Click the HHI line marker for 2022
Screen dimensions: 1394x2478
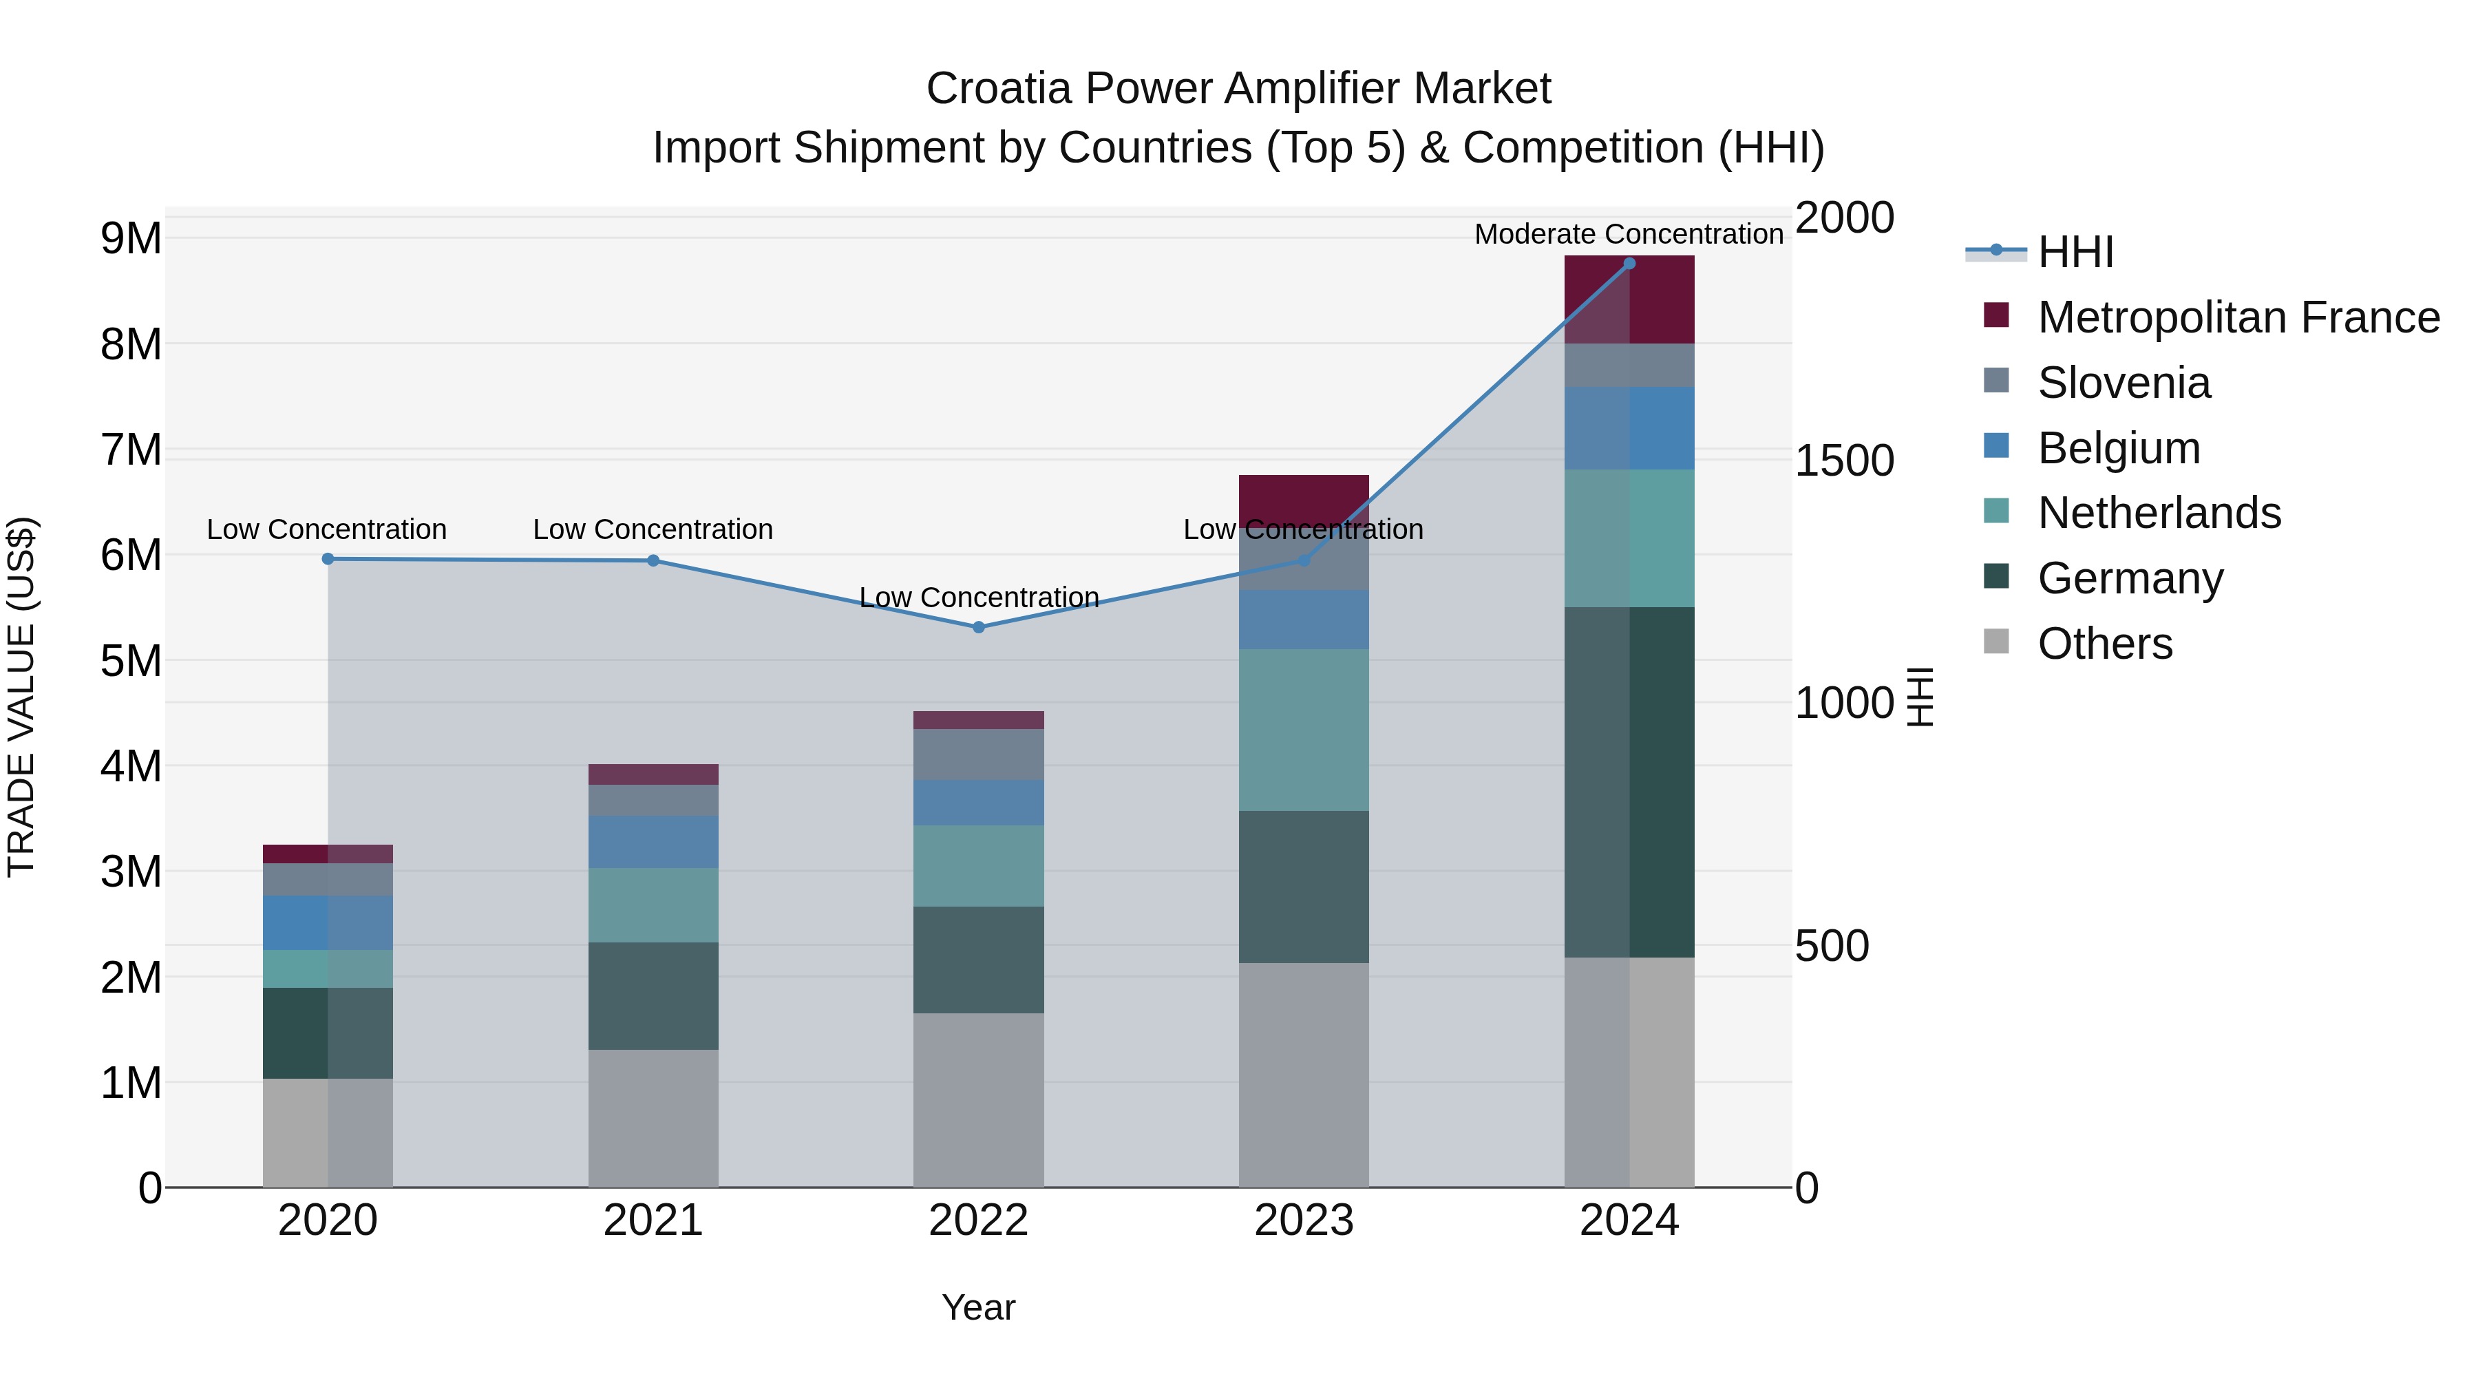(x=978, y=627)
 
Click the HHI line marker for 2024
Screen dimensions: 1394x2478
(x=1629, y=264)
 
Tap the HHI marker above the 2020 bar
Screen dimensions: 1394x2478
(x=328, y=559)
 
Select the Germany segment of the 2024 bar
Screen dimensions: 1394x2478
(x=1629, y=781)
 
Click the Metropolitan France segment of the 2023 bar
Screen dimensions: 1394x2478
(x=1304, y=498)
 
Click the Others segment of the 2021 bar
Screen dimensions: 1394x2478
(x=653, y=1118)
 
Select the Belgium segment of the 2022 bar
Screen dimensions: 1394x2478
(x=978, y=803)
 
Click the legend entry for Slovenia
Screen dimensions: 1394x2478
(x=2123, y=383)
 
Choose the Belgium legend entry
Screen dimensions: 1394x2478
(x=2118, y=448)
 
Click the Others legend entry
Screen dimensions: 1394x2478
(x=2105, y=644)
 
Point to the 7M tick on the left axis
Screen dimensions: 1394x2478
(x=131, y=450)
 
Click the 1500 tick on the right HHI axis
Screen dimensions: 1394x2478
(x=1844, y=461)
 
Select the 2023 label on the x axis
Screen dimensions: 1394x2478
(x=1304, y=1221)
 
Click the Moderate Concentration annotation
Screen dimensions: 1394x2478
(x=1629, y=234)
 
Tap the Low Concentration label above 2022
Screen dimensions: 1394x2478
(x=978, y=598)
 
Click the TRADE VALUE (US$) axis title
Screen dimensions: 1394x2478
(x=21, y=697)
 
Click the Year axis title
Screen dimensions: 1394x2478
(x=978, y=1307)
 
